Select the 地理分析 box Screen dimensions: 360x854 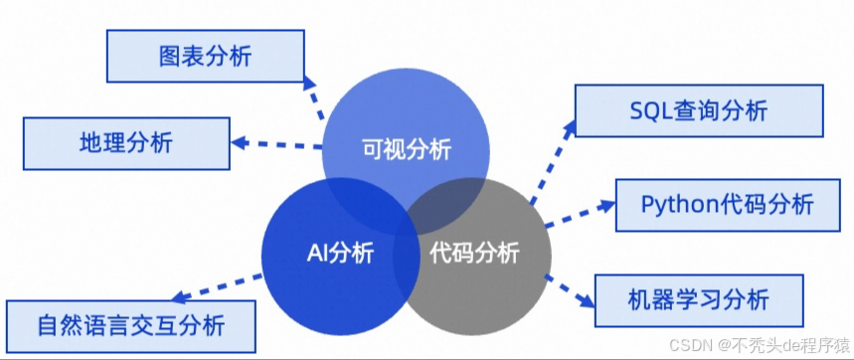126,142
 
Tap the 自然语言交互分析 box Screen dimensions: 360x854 129,325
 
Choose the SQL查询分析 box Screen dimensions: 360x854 699,110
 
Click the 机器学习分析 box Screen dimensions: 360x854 698,297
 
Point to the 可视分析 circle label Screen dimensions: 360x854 406,150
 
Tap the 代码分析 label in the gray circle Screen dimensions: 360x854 474,253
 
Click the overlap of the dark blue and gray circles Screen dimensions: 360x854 405,253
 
